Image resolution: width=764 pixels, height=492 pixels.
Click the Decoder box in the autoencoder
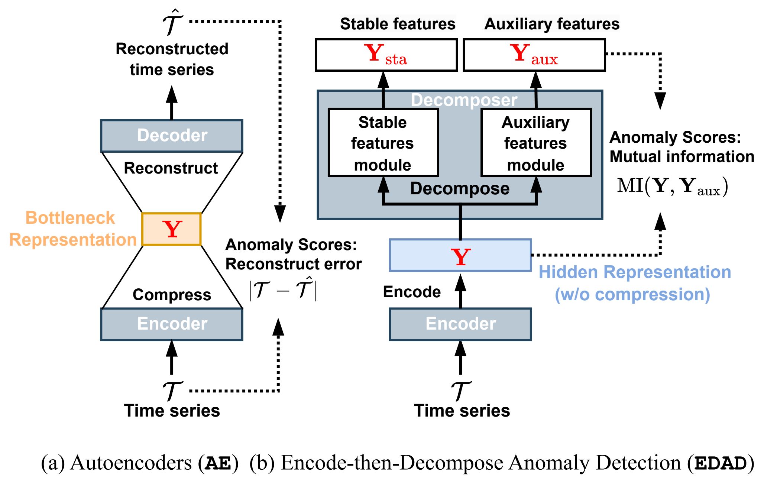tap(172, 136)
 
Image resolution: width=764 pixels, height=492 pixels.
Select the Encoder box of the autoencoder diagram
tap(172, 324)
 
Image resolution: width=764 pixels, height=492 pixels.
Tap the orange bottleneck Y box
tap(172, 229)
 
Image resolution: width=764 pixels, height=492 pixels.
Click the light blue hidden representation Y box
tap(460, 255)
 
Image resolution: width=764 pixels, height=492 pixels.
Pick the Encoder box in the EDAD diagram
tap(460, 324)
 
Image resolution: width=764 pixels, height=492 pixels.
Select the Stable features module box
tap(383, 143)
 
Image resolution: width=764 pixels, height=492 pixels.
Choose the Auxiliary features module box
tap(536, 143)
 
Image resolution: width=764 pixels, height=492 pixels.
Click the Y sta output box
tap(386, 55)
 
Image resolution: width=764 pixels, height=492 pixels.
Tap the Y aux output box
tap(534, 55)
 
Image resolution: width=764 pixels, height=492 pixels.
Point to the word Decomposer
tap(464, 100)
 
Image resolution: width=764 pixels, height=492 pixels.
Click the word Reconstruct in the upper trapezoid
tap(171, 168)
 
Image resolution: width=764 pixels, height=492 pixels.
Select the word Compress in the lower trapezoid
tap(172, 295)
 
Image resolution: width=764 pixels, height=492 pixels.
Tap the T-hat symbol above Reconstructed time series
tap(172, 23)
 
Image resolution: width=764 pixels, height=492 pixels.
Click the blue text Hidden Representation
tap(635, 272)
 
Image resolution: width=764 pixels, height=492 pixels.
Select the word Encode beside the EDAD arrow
tap(412, 292)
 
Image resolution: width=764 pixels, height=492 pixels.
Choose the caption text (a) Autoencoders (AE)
tap(140, 463)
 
